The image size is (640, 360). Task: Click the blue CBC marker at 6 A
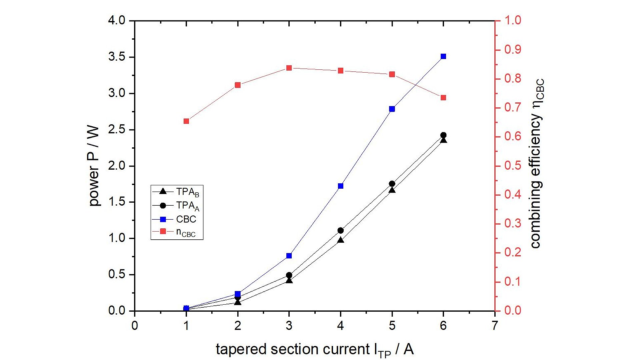pyautogui.click(x=443, y=56)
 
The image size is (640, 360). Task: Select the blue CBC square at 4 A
pyautogui.click(x=340, y=186)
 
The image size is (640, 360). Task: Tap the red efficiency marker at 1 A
pyautogui.click(x=186, y=121)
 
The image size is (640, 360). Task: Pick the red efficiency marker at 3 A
pyautogui.click(x=289, y=68)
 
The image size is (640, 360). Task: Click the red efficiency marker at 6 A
pyautogui.click(x=443, y=98)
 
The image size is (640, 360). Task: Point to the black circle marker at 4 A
pyautogui.click(x=340, y=230)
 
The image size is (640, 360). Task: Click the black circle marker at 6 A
pyautogui.click(x=443, y=135)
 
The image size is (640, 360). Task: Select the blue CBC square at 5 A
pyautogui.click(x=392, y=109)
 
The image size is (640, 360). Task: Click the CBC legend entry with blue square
pyautogui.click(x=177, y=219)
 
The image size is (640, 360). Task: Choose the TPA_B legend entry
pyautogui.click(x=177, y=192)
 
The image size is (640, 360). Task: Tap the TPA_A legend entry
pyautogui.click(x=177, y=206)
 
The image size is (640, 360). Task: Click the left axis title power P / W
pyautogui.click(x=94, y=166)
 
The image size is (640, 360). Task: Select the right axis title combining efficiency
pyautogui.click(x=536, y=163)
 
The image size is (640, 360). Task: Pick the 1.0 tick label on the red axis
pyautogui.click(x=513, y=21)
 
